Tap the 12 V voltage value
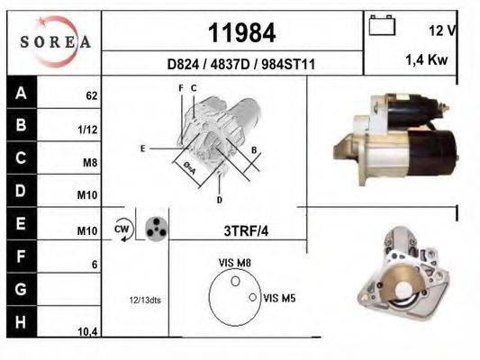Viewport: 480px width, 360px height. (443, 30)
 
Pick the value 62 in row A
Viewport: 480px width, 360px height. (91, 94)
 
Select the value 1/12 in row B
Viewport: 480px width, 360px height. (88, 129)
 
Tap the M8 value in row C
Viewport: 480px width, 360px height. (90, 163)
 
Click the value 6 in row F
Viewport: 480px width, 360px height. (94, 265)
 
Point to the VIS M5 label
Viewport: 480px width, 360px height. (281, 295)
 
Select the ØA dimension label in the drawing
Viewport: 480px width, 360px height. (189, 167)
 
